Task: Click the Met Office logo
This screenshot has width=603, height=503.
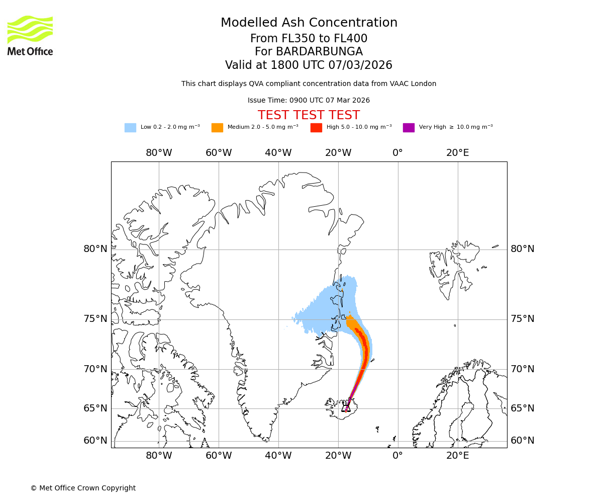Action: tap(30, 35)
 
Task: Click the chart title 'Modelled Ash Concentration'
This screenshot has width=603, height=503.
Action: tap(309, 23)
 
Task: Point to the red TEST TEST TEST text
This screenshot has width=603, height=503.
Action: tap(309, 116)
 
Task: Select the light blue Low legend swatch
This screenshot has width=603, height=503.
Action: tap(130, 128)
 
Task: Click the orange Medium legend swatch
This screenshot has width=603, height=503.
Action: tap(217, 128)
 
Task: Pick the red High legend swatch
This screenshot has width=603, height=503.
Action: tap(316, 128)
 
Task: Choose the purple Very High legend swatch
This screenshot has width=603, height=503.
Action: tap(409, 128)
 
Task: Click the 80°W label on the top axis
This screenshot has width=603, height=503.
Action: tap(159, 153)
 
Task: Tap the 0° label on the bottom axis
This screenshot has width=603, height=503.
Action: tap(397, 456)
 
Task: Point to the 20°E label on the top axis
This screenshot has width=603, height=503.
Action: tap(457, 153)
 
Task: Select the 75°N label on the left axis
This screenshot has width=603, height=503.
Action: tap(95, 319)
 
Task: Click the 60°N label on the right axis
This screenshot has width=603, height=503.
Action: tap(523, 441)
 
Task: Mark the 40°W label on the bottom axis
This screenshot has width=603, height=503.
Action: tap(278, 456)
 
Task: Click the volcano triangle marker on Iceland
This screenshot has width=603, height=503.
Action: tap(346, 407)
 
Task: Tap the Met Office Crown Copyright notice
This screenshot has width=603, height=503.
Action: tap(83, 488)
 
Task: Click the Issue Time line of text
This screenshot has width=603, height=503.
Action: tap(309, 101)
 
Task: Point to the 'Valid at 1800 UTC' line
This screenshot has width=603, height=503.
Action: tap(309, 65)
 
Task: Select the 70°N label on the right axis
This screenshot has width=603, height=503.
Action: tap(523, 369)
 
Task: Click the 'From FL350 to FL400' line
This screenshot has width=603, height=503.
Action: tap(309, 39)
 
